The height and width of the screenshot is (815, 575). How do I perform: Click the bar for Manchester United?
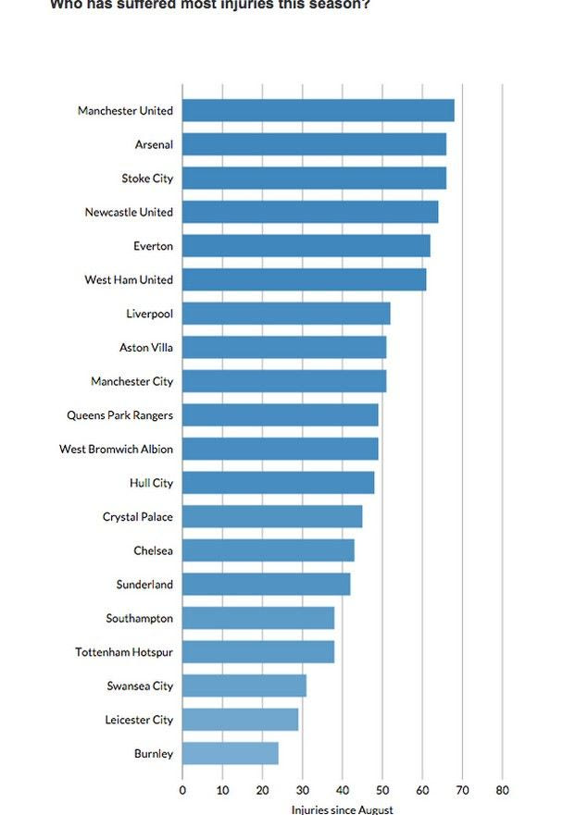click(318, 110)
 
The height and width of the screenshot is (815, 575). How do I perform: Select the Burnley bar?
click(230, 753)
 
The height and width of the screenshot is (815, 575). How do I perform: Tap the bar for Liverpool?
click(286, 314)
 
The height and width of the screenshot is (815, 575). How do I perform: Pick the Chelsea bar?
click(268, 550)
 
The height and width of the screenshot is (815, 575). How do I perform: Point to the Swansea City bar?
click(244, 685)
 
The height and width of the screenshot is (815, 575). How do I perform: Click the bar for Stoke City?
click(314, 179)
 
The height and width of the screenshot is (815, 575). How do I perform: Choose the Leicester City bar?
click(240, 719)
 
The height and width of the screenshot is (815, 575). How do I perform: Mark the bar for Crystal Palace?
click(271, 516)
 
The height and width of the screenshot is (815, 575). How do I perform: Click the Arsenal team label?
click(154, 144)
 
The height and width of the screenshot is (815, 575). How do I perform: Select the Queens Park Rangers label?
click(119, 415)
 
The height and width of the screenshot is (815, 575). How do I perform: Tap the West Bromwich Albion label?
click(116, 449)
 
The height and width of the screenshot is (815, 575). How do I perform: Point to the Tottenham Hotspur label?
click(124, 652)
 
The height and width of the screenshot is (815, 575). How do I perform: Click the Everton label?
click(153, 246)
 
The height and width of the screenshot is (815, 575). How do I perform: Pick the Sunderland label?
click(144, 585)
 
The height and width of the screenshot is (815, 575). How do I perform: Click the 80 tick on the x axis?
click(503, 790)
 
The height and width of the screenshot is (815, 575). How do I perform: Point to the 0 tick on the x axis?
click(182, 790)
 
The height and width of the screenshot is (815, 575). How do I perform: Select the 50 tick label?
click(382, 790)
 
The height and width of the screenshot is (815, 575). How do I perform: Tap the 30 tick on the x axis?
click(303, 790)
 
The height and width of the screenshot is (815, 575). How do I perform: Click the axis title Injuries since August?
click(343, 809)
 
